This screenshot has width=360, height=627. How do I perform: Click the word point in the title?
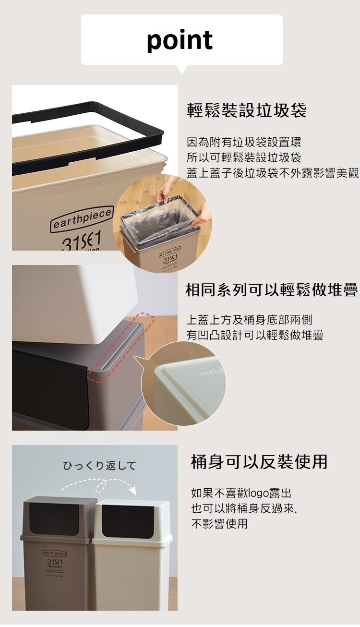[180, 40]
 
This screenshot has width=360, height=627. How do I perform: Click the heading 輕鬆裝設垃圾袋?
[247, 111]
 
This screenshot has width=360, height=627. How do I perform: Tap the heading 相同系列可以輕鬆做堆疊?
[272, 290]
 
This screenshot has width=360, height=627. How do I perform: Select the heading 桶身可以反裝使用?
[259, 462]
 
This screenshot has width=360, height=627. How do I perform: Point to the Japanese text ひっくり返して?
[100, 466]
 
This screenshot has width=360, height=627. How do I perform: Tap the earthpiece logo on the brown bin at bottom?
[55, 554]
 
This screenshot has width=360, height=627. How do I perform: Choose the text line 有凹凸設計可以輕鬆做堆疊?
[255, 335]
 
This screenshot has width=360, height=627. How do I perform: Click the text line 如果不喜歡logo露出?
[241, 493]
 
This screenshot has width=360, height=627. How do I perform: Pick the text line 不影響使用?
[219, 523]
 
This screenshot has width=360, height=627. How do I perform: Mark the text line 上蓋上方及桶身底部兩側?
[249, 320]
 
